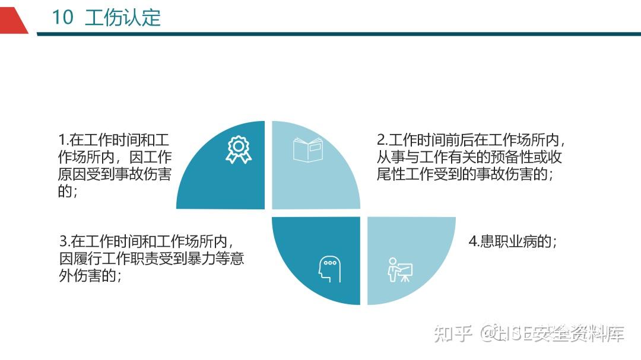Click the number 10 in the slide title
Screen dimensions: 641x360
62,17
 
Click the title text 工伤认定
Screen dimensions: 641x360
123,18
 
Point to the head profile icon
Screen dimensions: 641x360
329,269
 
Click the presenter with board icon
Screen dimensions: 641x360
400,270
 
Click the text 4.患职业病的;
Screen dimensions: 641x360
513,241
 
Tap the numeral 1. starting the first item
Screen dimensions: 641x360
64,140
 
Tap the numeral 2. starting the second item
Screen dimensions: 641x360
382,140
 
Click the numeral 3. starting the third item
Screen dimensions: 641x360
65,241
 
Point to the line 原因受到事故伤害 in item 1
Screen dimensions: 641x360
115,174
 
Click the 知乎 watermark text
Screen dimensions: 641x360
453,333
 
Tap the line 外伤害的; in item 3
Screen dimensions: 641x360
90,275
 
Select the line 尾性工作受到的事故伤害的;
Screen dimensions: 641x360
465,174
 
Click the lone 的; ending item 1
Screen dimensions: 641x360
68,191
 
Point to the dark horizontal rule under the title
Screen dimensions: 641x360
339,34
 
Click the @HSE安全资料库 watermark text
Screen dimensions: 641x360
553,333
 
